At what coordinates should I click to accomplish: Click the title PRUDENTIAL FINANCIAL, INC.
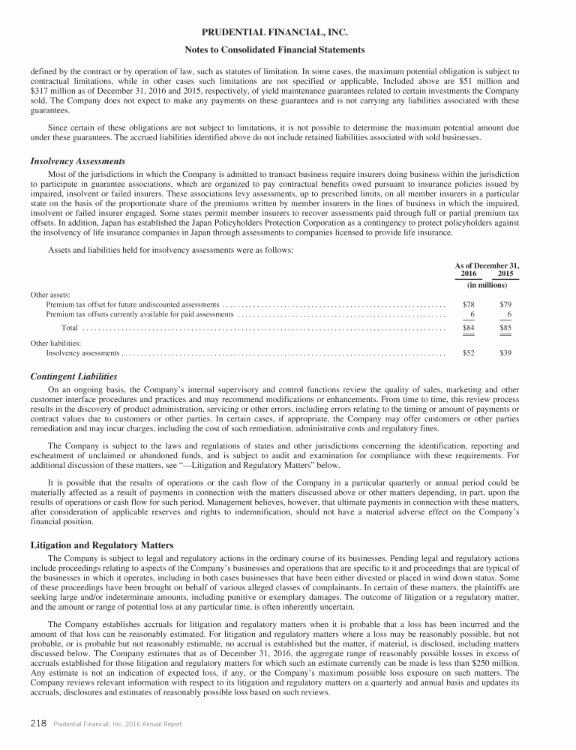pos(287,33)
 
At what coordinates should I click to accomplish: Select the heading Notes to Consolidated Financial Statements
pos(287,49)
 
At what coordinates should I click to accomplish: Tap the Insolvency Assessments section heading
pos(77,161)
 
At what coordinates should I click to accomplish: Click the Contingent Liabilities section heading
pos(73,376)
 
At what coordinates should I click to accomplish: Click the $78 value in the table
pos(469,304)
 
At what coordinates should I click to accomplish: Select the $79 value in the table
pos(505,304)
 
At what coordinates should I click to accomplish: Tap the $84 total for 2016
pos(469,328)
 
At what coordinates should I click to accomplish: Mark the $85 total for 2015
pos(505,328)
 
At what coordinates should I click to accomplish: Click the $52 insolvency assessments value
pos(469,352)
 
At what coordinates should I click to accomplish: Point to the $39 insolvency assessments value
pos(505,352)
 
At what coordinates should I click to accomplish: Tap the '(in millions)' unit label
pos(487,286)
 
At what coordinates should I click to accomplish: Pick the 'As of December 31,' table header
pos(487,265)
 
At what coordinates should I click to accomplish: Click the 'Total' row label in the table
pos(69,328)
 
